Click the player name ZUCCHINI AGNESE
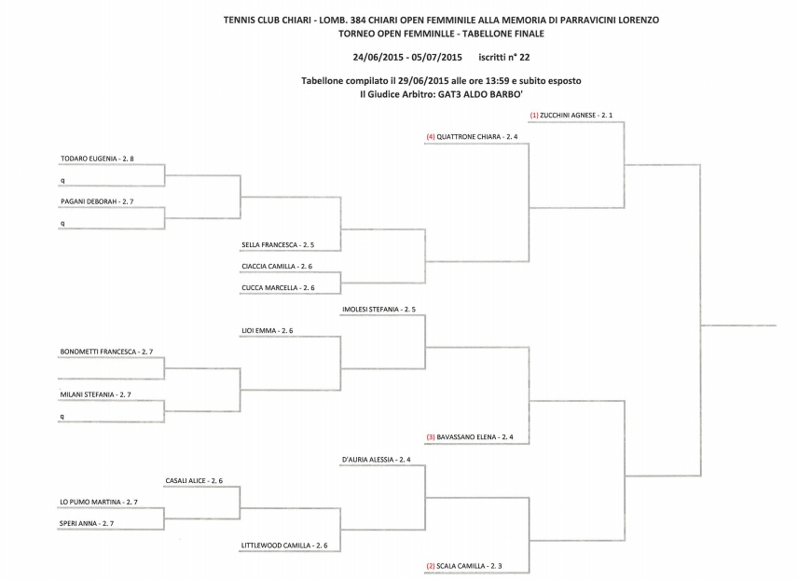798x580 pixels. (568, 115)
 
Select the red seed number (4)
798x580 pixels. (431, 137)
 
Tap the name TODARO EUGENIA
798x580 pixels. (89, 159)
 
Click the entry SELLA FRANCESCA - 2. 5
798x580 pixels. (278, 245)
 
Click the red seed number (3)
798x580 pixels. (431, 437)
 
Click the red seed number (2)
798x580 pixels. (431, 566)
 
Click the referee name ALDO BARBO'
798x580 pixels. (493, 94)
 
